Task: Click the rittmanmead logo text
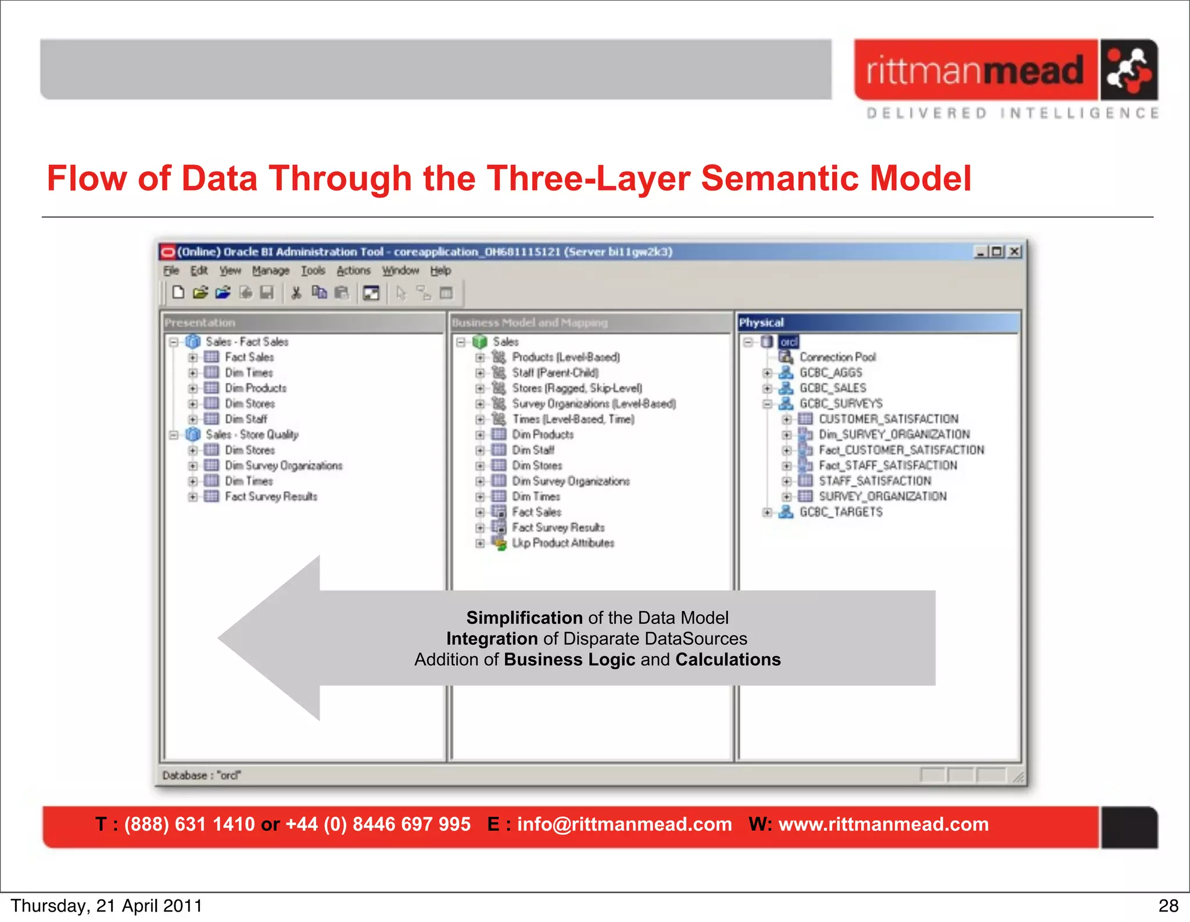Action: pyautogui.click(x=974, y=70)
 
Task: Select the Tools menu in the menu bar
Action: pyautogui.click(x=313, y=271)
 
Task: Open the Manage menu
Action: pyautogui.click(x=270, y=271)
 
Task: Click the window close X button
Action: pyautogui.click(x=1014, y=252)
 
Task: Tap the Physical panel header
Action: pyautogui.click(x=761, y=322)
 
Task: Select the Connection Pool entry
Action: pyautogui.click(x=837, y=357)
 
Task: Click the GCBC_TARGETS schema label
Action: pyautogui.click(x=841, y=512)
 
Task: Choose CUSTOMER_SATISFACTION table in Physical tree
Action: pyautogui.click(x=888, y=419)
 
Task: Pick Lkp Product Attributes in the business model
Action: pyautogui.click(x=562, y=543)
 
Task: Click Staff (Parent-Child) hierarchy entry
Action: pyautogui.click(x=555, y=372)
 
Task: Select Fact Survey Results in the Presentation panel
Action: pyautogui.click(x=271, y=497)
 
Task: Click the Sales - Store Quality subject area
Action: pyautogui.click(x=252, y=435)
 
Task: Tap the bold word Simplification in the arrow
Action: pyautogui.click(x=524, y=618)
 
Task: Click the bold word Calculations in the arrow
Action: pyautogui.click(x=727, y=660)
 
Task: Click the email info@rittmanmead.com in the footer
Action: pyautogui.click(x=624, y=824)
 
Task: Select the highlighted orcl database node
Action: pyautogui.click(x=788, y=342)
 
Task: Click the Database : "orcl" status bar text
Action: pyautogui.click(x=201, y=776)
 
